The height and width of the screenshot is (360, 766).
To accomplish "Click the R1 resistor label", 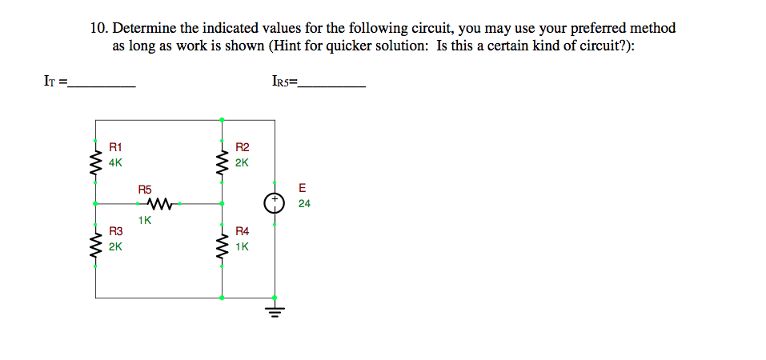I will click(x=115, y=147).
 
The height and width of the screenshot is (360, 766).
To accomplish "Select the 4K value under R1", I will click(x=115, y=162).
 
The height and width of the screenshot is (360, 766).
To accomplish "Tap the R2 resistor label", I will click(x=243, y=147).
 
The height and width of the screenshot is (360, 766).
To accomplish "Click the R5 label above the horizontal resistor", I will click(x=144, y=190).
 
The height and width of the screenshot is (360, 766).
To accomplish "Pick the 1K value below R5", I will click(x=144, y=220).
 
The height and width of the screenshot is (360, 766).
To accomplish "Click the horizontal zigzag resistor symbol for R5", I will click(x=159, y=204).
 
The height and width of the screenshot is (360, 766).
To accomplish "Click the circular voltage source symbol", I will click(x=276, y=203).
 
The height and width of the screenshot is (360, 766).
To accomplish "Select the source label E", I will click(x=302, y=189).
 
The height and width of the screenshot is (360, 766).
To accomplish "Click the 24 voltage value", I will click(x=304, y=204).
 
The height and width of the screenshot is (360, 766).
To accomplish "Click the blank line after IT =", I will click(x=102, y=82).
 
